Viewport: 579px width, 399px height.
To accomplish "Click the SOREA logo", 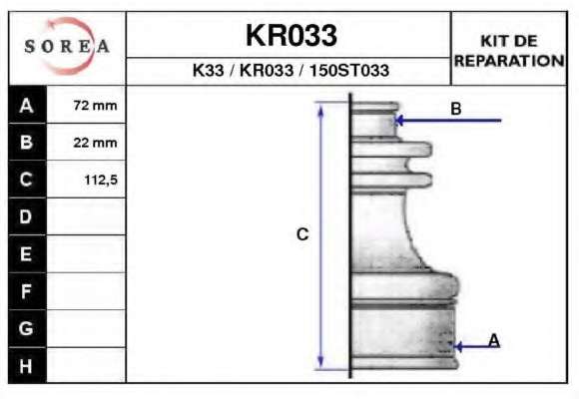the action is pyautogui.click(x=67, y=46).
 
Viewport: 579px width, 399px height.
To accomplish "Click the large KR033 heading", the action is pyautogui.click(x=290, y=35).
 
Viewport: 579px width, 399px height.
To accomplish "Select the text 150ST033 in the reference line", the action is pyautogui.click(x=349, y=70).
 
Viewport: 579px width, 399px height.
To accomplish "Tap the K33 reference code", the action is pyautogui.click(x=209, y=70).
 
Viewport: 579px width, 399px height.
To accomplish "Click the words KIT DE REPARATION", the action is pyautogui.click(x=509, y=51).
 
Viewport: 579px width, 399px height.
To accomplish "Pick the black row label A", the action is pyautogui.click(x=27, y=105).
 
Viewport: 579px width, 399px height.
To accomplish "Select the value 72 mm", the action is pyautogui.click(x=95, y=106).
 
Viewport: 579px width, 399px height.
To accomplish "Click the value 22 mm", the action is pyautogui.click(x=95, y=143).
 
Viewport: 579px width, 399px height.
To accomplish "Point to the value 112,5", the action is pyautogui.click(x=101, y=181).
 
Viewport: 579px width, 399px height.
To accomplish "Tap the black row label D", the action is pyautogui.click(x=27, y=216).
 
